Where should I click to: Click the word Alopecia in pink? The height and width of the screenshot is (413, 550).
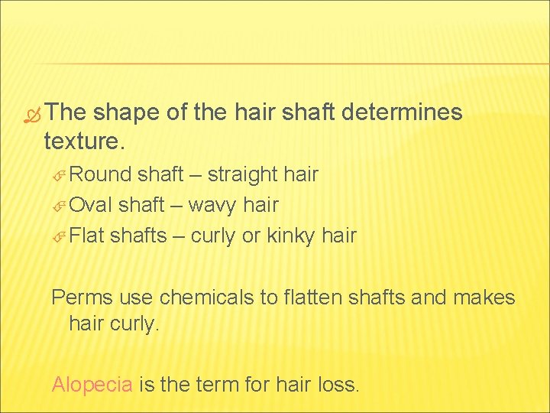(92, 384)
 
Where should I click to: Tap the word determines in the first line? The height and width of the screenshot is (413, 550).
(403, 113)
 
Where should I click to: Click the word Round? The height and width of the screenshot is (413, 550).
(100, 175)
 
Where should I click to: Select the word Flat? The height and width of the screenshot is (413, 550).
(86, 236)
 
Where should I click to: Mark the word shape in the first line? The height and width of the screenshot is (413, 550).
(130, 113)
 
